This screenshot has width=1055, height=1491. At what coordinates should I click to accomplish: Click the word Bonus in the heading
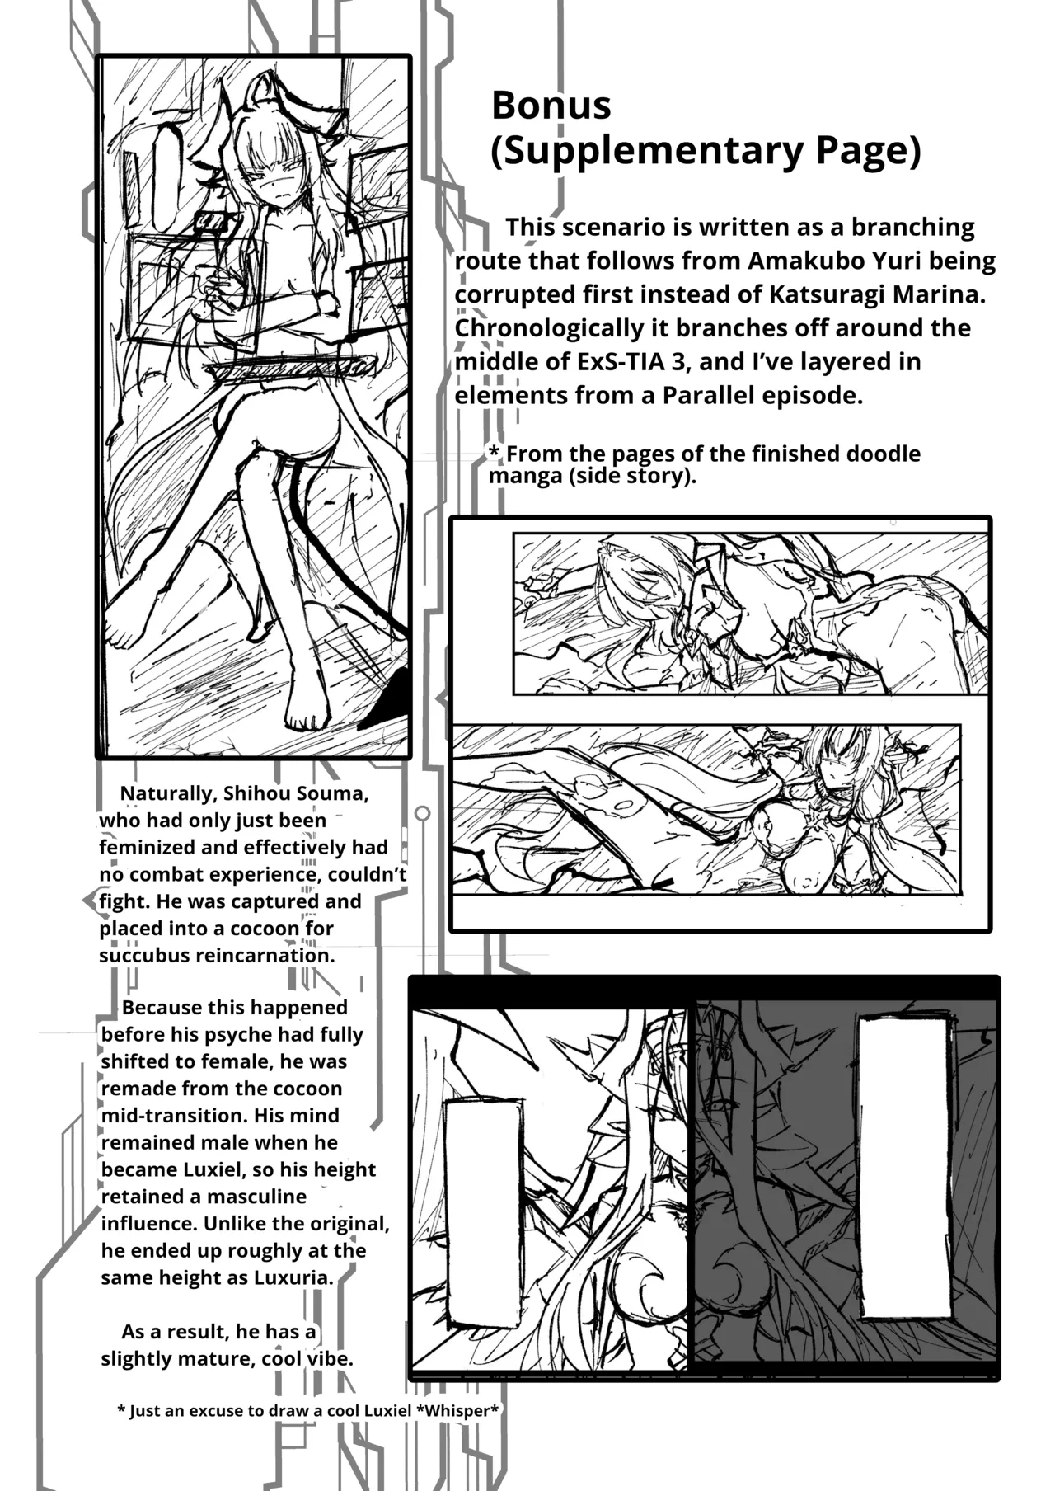pos(551,106)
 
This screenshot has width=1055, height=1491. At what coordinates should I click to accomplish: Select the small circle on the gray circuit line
pos(422,814)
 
